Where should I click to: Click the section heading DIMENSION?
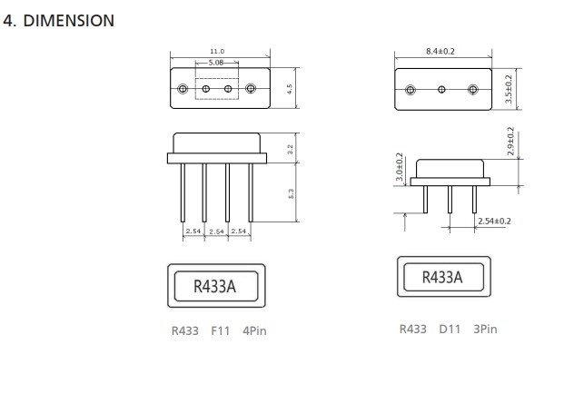pyautogui.click(x=69, y=21)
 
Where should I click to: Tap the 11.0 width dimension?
pyautogui.click(x=217, y=52)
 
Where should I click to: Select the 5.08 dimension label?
pyautogui.click(x=216, y=63)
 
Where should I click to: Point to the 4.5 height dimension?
pyautogui.click(x=290, y=89)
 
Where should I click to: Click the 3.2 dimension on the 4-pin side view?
pyautogui.click(x=291, y=149)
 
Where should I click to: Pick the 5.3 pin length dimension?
pyautogui.click(x=291, y=193)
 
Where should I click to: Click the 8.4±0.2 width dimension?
pyautogui.click(x=440, y=52)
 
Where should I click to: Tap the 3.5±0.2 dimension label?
pyautogui.click(x=509, y=89)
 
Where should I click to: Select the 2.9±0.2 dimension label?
pyautogui.click(x=510, y=142)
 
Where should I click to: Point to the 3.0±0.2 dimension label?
pyautogui.click(x=400, y=167)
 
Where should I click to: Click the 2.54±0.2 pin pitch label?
pyautogui.click(x=494, y=222)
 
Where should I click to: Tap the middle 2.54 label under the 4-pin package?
pyautogui.click(x=216, y=231)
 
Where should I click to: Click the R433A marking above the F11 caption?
pyautogui.click(x=214, y=287)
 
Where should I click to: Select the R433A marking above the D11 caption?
pyautogui.click(x=442, y=277)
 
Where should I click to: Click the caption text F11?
pyautogui.click(x=220, y=330)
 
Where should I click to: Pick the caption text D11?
pyautogui.click(x=450, y=329)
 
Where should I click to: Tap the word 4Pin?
pyautogui.click(x=254, y=330)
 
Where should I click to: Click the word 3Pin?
pyautogui.click(x=485, y=329)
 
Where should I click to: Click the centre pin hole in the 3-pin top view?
pyautogui.click(x=441, y=90)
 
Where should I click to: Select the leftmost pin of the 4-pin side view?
pyautogui.click(x=183, y=192)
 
